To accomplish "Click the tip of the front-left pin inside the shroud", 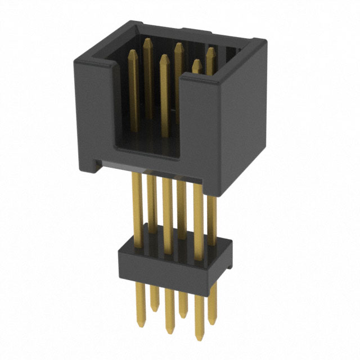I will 133,52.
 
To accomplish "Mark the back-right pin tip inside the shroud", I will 210,50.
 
